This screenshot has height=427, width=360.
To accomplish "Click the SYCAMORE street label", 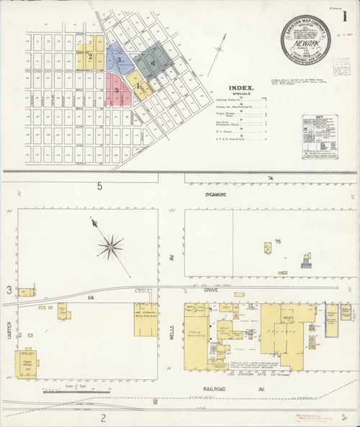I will click(215, 194).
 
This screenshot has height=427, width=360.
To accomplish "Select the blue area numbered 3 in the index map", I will click(118, 60).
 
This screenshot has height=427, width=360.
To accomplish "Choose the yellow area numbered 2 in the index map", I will click(91, 56).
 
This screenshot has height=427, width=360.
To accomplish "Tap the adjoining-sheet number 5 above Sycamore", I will click(100, 186).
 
